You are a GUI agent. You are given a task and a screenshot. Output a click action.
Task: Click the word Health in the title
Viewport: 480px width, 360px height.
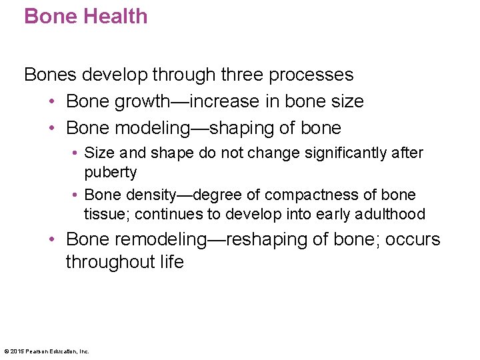(x=115, y=16)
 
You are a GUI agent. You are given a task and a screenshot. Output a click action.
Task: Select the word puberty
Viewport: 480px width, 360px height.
(x=111, y=172)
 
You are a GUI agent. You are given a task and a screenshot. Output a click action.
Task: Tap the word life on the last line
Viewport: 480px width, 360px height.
(x=171, y=262)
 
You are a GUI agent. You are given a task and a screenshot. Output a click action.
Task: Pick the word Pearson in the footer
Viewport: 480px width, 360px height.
(x=39, y=351)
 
